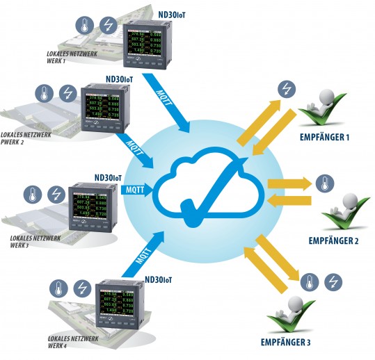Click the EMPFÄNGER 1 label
coord(324,138)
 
